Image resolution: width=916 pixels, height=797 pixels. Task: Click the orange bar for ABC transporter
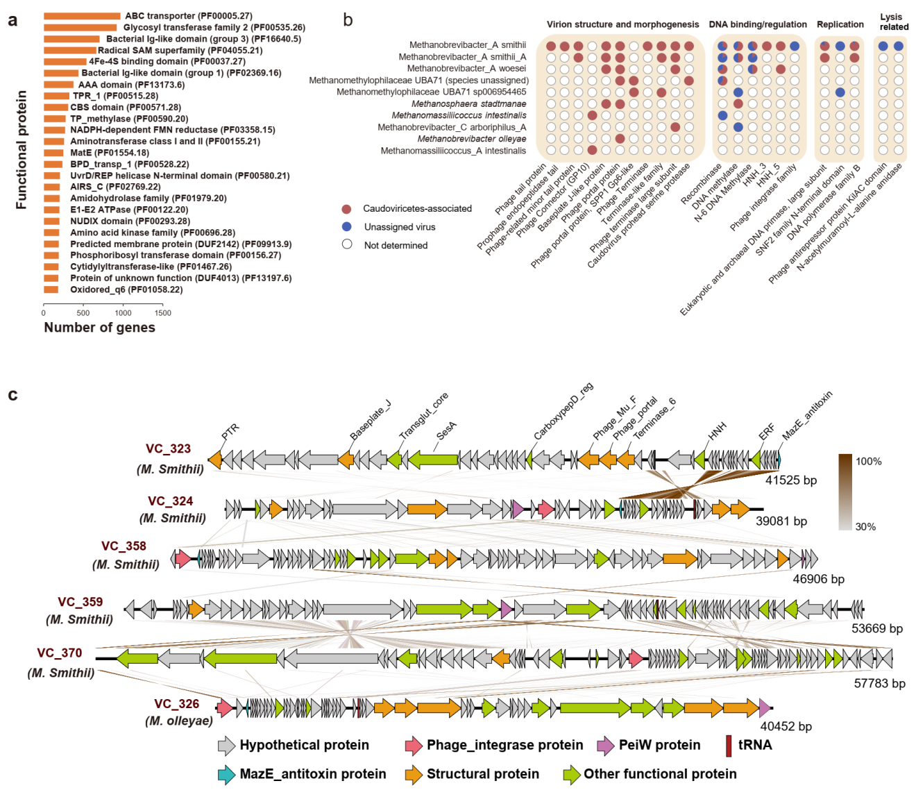click(82, 16)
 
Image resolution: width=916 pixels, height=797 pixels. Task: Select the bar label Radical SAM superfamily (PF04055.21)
click(180, 50)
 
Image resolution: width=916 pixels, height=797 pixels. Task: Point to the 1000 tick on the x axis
click(123, 312)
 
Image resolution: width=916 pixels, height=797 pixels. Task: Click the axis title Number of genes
click(99, 328)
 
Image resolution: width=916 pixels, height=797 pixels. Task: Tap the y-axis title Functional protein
click(22, 150)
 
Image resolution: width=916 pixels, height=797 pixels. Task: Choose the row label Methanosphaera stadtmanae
click(468, 103)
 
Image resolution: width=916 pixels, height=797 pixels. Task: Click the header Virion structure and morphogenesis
click(622, 24)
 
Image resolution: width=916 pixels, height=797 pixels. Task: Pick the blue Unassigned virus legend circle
click(347, 226)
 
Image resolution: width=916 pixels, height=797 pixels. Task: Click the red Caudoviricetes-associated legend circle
click(347, 208)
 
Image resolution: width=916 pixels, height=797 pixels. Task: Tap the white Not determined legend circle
click(347, 244)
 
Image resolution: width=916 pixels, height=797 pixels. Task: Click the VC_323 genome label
click(168, 448)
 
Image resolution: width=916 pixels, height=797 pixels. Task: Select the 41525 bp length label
click(790, 480)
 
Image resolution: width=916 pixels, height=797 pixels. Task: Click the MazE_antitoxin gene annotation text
click(807, 415)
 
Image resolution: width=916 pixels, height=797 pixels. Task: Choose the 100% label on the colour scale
click(869, 462)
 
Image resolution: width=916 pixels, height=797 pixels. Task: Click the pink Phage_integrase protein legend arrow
click(414, 746)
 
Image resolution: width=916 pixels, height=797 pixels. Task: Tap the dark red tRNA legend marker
click(729, 746)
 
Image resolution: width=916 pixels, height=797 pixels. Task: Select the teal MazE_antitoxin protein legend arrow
click(226, 774)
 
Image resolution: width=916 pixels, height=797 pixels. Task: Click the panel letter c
click(12, 395)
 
